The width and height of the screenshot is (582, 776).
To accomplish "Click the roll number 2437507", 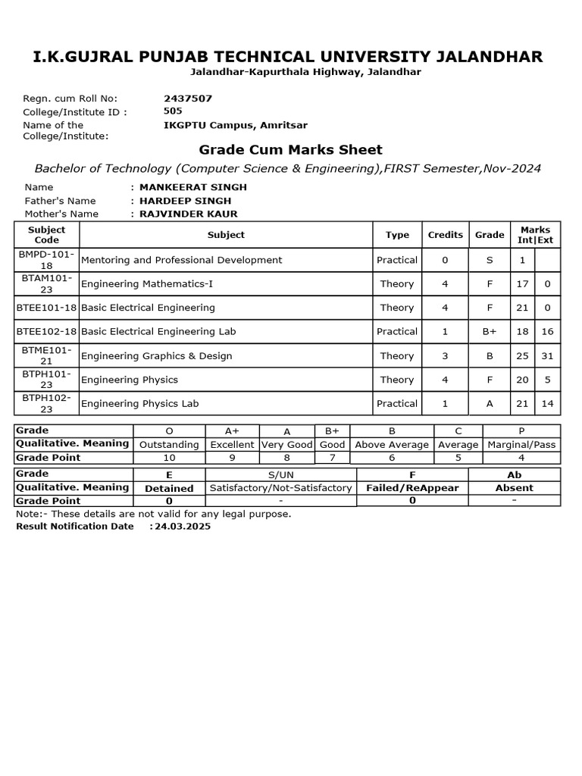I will (x=188, y=99).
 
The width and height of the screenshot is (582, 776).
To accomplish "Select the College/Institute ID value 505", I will (x=173, y=111).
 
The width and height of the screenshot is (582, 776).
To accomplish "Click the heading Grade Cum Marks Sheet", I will (x=290, y=149).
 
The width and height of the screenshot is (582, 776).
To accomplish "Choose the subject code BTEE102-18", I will (x=47, y=331).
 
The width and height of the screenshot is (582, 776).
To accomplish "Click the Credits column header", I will (x=445, y=235).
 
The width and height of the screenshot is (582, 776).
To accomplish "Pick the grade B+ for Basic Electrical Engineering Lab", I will (x=490, y=331).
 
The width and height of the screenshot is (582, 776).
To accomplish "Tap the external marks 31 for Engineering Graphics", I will (x=547, y=355).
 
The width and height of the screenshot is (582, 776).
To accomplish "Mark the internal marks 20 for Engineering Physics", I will (x=522, y=380).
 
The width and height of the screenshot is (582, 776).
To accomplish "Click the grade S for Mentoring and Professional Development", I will (x=490, y=260).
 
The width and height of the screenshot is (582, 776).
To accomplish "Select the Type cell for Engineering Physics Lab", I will (x=397, y=404).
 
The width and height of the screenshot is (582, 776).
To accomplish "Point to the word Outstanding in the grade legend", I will (x=170, y=445).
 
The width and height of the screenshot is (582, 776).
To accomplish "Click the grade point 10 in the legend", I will (x=170, y=458).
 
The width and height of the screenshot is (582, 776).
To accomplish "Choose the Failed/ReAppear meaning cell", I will (x=412, y=488).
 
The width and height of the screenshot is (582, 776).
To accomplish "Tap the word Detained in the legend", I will (x=169, y=489).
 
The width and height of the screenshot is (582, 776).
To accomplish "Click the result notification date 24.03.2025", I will (x=183, y=526).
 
